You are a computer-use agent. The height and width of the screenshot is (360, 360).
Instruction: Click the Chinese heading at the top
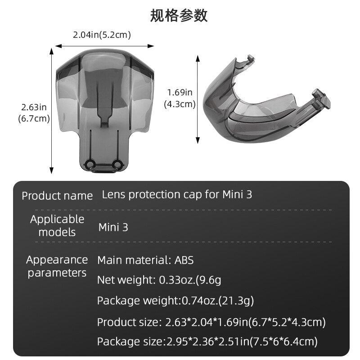coord(179,15)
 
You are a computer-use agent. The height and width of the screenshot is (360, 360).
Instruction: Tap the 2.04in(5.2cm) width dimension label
coord(102,35)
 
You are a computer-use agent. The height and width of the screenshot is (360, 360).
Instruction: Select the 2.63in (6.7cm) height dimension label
coord(34,113)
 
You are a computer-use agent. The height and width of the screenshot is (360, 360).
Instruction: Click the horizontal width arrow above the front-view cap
coord(104,46)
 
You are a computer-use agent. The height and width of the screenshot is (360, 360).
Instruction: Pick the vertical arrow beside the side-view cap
coord(198,99)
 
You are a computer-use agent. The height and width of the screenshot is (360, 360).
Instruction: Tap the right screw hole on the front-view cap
coord(118,162)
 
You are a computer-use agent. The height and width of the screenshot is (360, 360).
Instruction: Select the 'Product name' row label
coord(57,196)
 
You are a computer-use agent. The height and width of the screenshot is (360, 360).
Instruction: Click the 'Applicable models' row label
coord(57,226)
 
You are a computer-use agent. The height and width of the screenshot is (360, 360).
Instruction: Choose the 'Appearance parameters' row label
coord(57,266)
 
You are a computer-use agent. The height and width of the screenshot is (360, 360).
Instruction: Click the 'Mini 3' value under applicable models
coord(113,227)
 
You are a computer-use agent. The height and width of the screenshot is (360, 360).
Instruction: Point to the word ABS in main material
coord(184,260)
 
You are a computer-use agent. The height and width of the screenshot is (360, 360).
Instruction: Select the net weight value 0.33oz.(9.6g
coord(190,280)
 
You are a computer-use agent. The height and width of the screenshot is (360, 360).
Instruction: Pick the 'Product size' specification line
coord(211,322)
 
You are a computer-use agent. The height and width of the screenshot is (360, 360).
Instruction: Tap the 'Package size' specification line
coord(207,342)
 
